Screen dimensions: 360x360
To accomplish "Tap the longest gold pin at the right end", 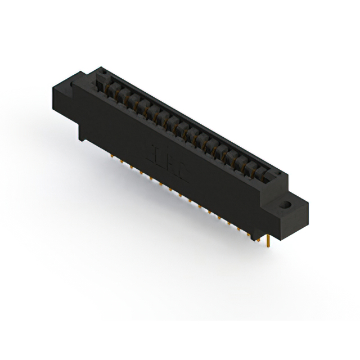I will (x=271, y=241).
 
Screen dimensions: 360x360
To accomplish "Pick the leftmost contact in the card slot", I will (x=105, y=84).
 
